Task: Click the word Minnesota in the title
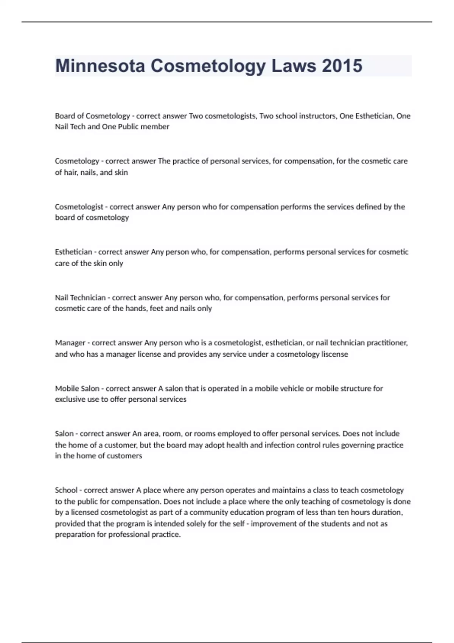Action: pyautogui.click(x=100, y=66)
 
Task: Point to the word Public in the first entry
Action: pyautogui.click(x=128, y=127)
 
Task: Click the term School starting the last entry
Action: pyautogui.click(x=66, y=490)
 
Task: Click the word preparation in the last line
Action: pyautogui.click(x=74, y=535)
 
